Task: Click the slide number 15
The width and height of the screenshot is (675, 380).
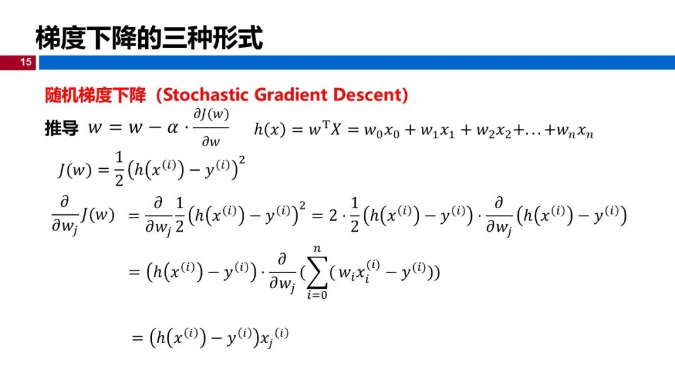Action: tap(26, 62)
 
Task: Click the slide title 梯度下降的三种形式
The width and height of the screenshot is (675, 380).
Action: tap(149, 38)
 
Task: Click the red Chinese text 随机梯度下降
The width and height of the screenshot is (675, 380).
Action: tap(96, 95)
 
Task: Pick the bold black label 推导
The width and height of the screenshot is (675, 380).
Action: tap(61, 128)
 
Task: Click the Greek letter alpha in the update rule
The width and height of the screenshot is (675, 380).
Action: tap(172, 128)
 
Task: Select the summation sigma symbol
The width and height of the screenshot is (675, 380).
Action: tap(317, 272)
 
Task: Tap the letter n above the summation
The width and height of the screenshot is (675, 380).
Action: tap(317, 249)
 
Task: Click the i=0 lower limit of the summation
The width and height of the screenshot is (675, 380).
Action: tap(317, 295)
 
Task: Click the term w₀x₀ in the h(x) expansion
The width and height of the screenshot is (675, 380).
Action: tap(382, 131)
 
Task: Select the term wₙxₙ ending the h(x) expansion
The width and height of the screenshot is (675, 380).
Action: tap(575, 131)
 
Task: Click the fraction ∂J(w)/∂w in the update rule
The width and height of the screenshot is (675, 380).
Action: tap(211, 127)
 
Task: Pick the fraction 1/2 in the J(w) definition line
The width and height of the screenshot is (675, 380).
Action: tap(119, 169)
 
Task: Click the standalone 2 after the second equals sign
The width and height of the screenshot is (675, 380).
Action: tap(333, 215)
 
